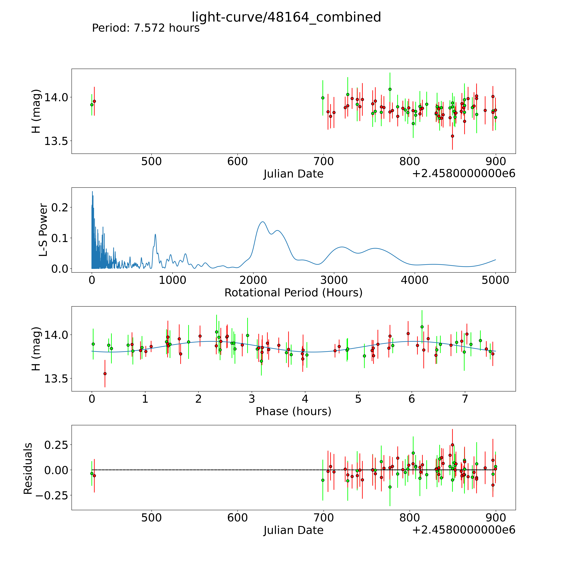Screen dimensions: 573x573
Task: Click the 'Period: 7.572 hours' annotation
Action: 146,28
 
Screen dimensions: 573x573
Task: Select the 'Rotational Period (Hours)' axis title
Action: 293,293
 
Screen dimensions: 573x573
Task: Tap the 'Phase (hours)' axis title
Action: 293,411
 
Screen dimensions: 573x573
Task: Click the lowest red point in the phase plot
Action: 105,374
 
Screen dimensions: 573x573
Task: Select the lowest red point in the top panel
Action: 452,136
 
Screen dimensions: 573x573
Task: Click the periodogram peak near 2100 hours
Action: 263,222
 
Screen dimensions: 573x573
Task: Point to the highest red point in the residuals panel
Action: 452,445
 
